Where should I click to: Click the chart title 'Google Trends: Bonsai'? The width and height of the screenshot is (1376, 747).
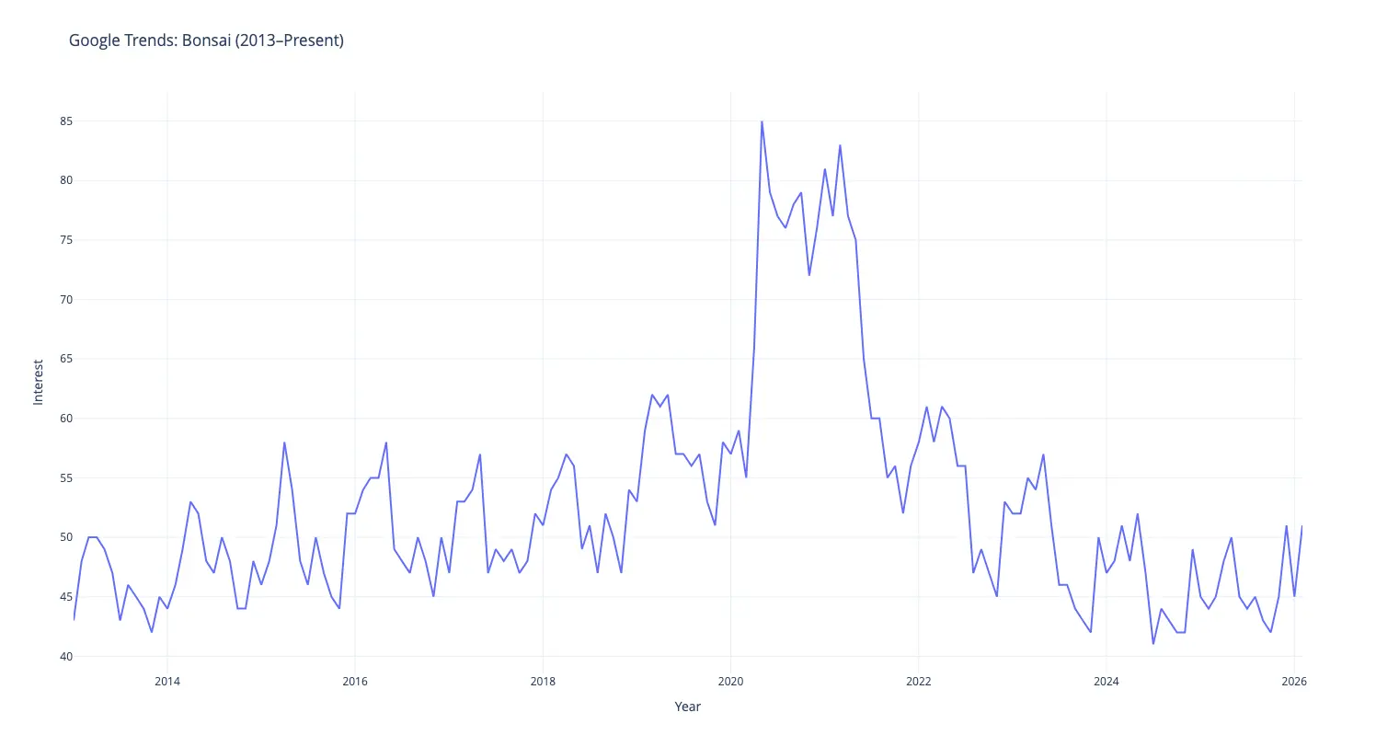click(x=206, y=40)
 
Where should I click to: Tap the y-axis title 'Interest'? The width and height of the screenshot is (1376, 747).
click(x=38, y=382)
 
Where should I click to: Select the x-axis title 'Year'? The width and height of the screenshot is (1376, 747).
click(x=687, y=707)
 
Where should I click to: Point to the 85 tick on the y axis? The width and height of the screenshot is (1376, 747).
click(x=53, y=121)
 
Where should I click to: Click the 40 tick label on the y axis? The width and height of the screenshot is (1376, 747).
click(x=53, y=657)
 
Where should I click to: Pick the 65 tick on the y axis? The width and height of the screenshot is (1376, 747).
click(x=53, y=360)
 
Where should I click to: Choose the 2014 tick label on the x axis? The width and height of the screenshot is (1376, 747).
click(x=166, y=682)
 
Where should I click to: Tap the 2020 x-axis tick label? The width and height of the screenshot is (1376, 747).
click(x=730, y=682)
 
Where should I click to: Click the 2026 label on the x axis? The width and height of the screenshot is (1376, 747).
click(x=1294, y=682)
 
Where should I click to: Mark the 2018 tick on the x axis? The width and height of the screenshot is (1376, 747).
click(x=543, y=682)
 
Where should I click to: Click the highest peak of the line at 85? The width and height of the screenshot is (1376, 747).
click(x=762, y=121)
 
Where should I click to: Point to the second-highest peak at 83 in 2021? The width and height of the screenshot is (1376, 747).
click(x=840, y=145)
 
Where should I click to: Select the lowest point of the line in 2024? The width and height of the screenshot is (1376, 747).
click(x=1153, y=644)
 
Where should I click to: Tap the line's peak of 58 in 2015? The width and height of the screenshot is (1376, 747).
click(x=284, y=442)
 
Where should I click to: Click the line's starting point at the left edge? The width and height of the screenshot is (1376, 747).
click(x=74, y=620)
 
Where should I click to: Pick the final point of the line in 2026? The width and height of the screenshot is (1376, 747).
click(x=1302, y=526)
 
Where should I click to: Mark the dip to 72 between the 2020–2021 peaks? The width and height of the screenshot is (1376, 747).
click(x=808, y=275)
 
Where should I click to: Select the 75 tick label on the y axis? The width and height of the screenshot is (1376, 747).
click(x=53, y=240)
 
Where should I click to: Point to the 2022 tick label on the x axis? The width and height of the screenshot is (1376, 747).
click(x=918, y=682)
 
